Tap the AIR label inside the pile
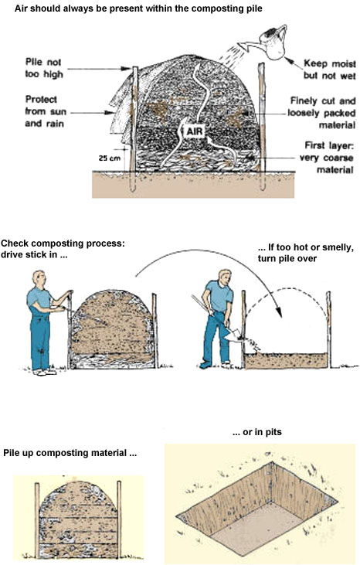pos(194,131)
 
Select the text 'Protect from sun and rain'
pos(48,111)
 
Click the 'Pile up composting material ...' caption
pos(70,452)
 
